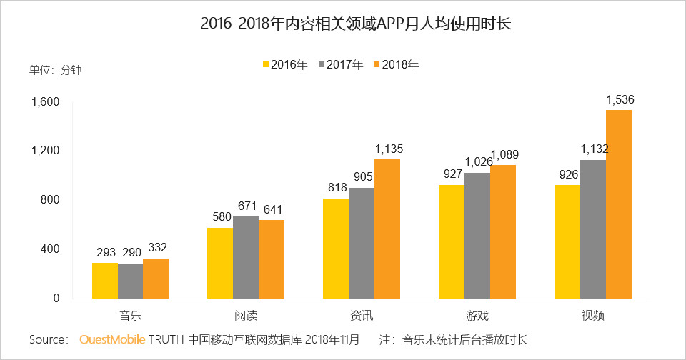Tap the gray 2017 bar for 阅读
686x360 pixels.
246,257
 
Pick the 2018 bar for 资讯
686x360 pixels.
387,229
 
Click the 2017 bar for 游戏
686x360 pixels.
477,235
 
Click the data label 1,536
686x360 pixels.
620,100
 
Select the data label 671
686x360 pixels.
247,206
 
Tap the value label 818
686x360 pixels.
337,189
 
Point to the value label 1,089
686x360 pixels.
504,155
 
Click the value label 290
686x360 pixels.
130,253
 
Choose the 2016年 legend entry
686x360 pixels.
285,64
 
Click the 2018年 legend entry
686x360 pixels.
396,64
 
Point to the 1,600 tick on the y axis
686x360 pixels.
44,102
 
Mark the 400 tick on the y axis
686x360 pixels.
48,249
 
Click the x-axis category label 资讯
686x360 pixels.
362,315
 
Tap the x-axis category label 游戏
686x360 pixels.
477,315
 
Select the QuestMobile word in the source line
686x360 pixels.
112,339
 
